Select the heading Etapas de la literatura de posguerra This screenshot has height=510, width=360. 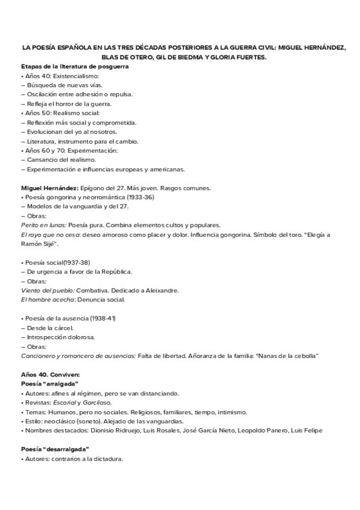pos(75,66)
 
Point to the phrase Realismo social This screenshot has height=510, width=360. pos(74,113)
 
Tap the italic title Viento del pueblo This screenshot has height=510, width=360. pos(47,290)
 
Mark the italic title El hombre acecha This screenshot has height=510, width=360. pos(46,300)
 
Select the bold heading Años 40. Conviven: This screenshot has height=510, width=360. pos(46,375)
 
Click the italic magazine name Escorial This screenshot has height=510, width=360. pos(65,402)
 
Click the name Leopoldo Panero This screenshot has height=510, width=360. pos(264,431)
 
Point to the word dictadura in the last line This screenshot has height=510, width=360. pos(108,459)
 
